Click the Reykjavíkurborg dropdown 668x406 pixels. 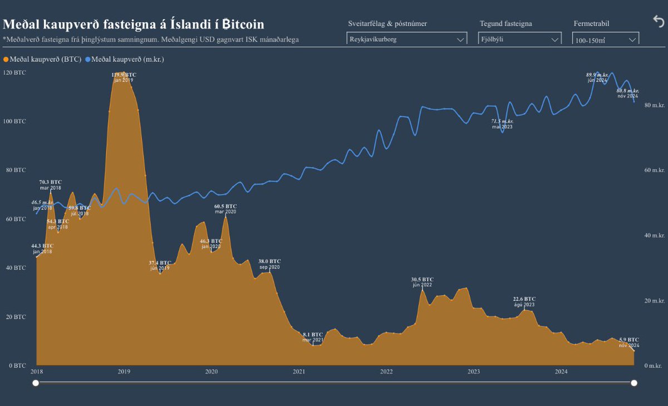tap(406, 40)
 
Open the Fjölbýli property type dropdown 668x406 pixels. tap(519, 40)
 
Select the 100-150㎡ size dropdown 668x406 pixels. tap(605, 40)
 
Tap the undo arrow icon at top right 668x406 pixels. tap(658, 21)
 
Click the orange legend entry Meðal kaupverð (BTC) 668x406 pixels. tap(42, 58)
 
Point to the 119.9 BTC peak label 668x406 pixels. tap(123, 75)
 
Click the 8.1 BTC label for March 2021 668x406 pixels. tap(313, 335)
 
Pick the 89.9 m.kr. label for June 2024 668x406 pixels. tap(597, 75)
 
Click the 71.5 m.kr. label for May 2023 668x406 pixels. tap(502, 121)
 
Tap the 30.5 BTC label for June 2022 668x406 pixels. tap(422, 280)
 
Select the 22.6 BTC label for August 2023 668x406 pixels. tap(524, 299)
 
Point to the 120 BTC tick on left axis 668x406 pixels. tap(14, 72)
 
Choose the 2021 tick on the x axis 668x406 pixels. tap(299, 371)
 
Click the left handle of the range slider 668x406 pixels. tap(36, 383)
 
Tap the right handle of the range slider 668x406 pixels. tap(634, 383)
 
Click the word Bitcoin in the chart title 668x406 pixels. tap(237, 25)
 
